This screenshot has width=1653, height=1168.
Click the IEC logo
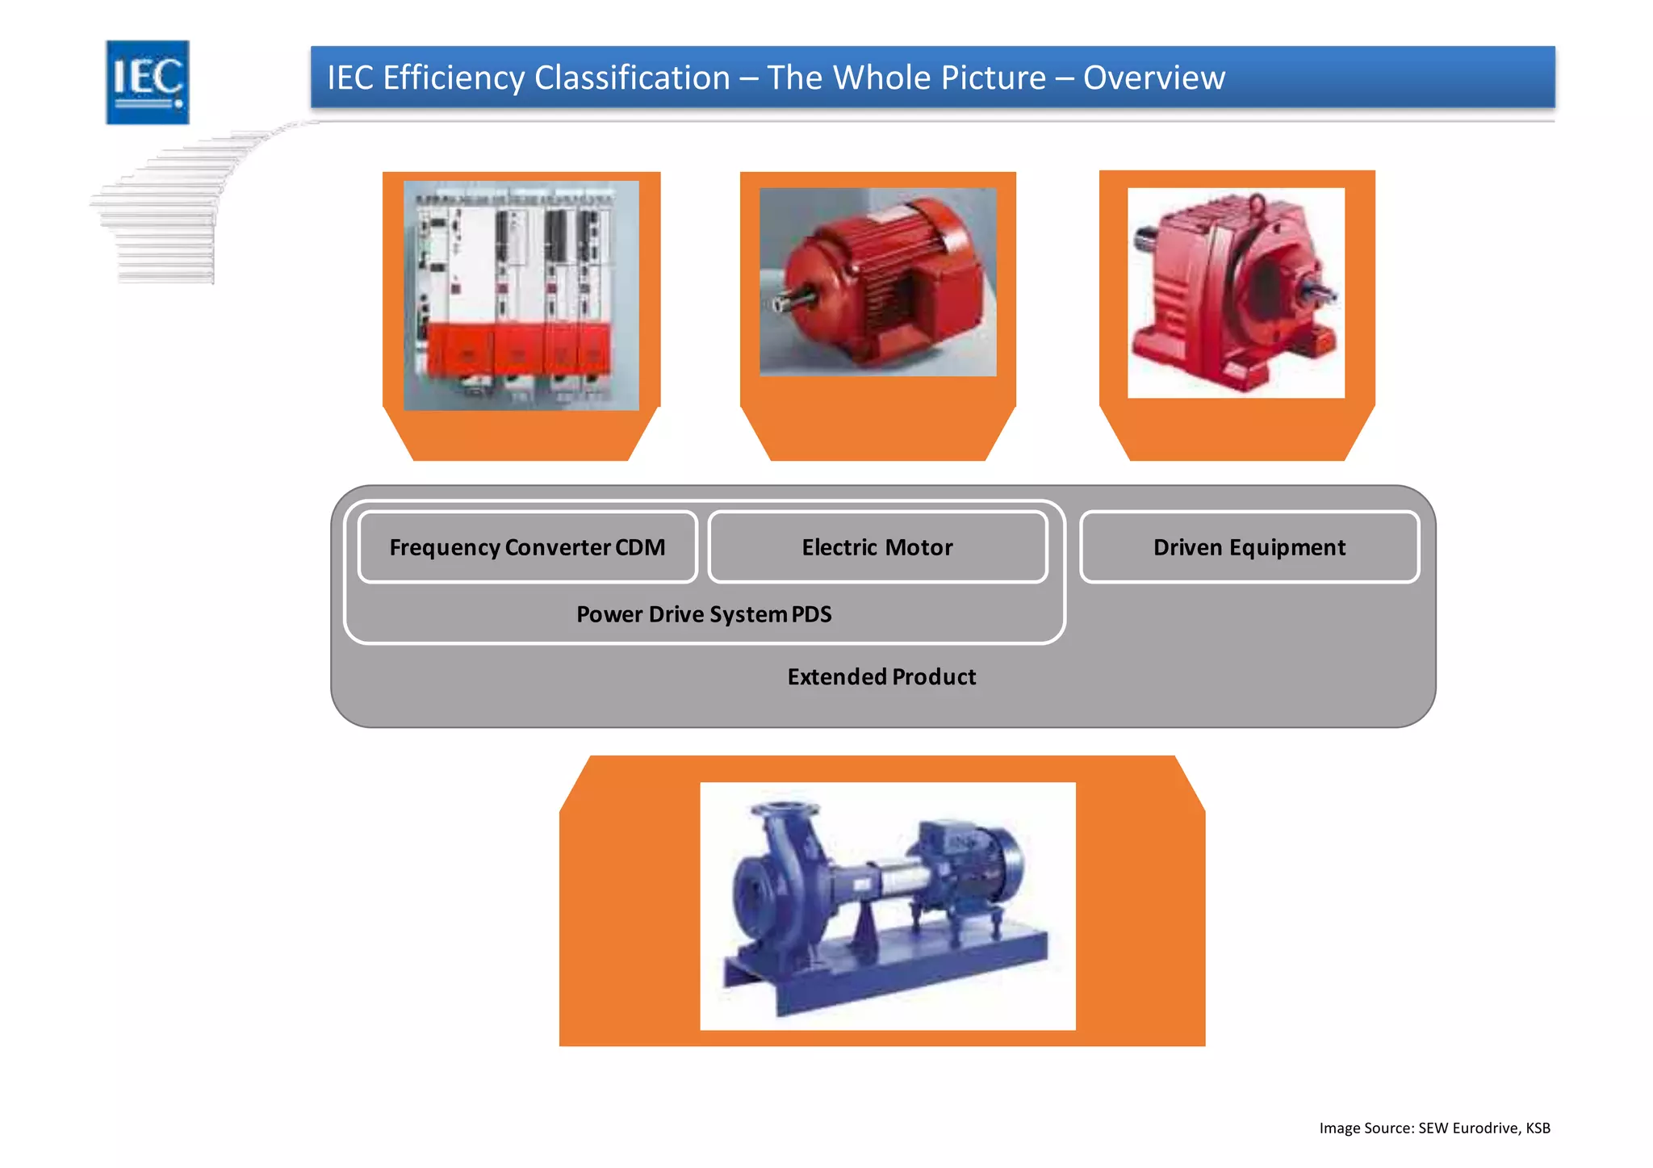click(x=148, y=82)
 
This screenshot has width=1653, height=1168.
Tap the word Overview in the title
click(x=1153, y=78)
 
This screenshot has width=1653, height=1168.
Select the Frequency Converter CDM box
click(x=527, y=547)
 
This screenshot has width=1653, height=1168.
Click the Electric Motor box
click(x=877, y=547)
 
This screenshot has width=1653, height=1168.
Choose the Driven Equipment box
click(x=1249, y=547)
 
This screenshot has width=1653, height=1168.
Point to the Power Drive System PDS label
click(x=704, y=614)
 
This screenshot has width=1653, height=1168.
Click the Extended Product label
click(x=881, y=676)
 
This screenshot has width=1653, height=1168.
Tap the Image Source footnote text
click(x=1433, y=1128)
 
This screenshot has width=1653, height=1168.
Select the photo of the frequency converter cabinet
click(x=521, y=295)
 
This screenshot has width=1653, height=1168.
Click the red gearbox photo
click(x=1235, y=293)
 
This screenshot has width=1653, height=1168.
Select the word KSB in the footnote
click(x=1537, y=1128)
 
